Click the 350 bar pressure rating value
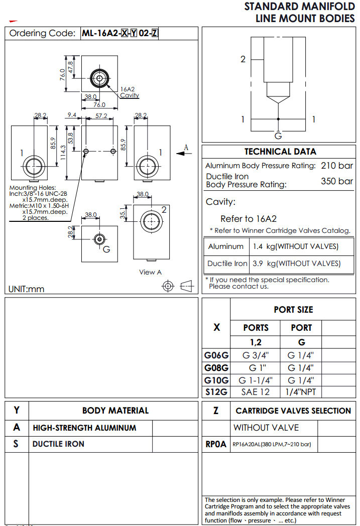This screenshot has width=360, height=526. point(336,181)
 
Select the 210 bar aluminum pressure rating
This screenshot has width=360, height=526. point(336,166)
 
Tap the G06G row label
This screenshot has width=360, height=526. point(216,355)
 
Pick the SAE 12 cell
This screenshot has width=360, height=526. point(256,392)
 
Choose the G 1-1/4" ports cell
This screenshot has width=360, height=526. point(256,380)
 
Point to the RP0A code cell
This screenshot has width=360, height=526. point(216,444)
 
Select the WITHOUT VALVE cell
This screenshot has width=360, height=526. point(266,428)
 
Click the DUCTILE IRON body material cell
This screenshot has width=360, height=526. point(58,444)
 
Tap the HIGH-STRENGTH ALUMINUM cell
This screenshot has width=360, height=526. point(84,428)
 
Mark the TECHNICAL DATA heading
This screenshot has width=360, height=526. point(280,152)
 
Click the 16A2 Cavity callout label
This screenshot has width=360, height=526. point(130,92)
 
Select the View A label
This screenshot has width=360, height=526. point(151,272)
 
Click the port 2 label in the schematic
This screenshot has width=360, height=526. point(243,59)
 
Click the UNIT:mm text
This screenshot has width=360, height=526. point(27,289)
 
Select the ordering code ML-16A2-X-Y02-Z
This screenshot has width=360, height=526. point(120,34)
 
